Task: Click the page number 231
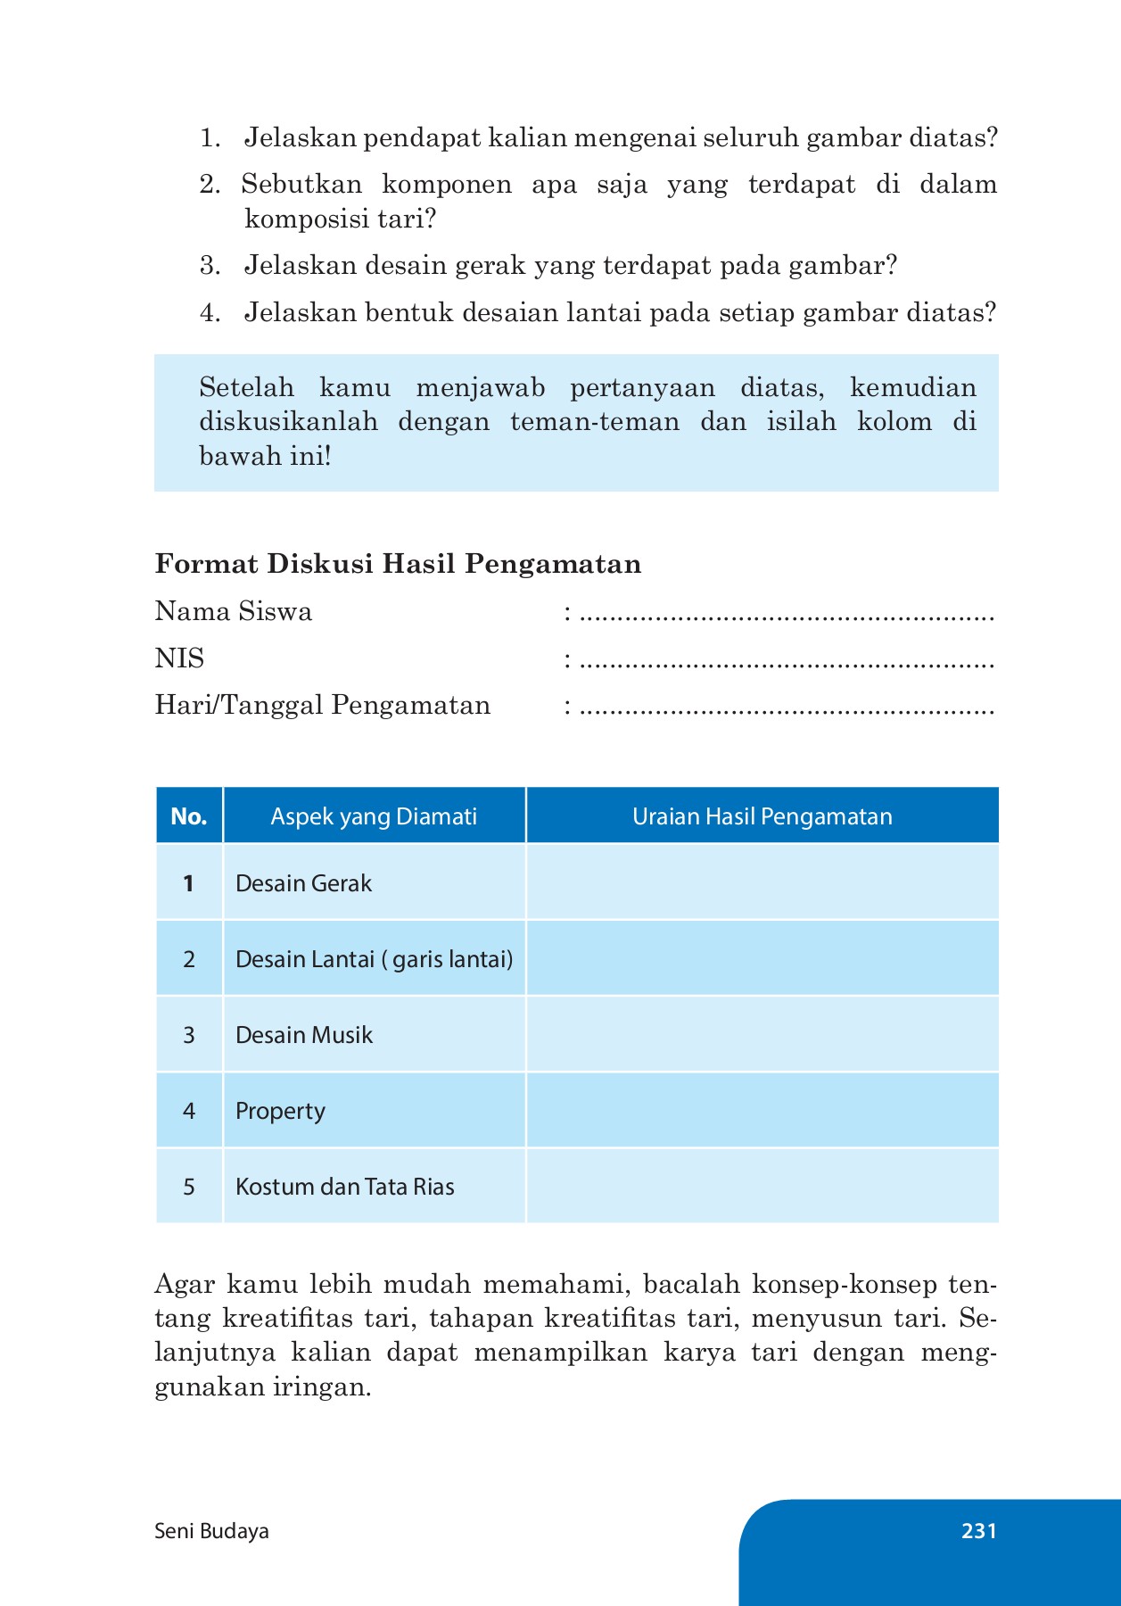pos(978,1531)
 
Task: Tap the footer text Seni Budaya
pos(211,1531)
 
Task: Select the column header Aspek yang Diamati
pos(374,816)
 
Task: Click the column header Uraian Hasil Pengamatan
pos(762,816)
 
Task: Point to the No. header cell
pos(189,816)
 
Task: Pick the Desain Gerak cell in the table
pos(303,883)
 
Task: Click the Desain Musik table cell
pos(303,1035)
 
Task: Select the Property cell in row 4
pos(280,1111)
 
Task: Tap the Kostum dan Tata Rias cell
pos(344,1187)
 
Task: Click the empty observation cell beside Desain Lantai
pos(762,959)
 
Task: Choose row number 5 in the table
pos(189,1187)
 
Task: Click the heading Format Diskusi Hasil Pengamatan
pos(398,564)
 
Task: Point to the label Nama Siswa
pos(234,611)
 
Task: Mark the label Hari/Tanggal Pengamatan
pos(323,705)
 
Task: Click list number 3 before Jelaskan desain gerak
pos(210,266)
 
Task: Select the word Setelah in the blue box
pos(246,387)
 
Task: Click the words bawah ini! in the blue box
pos(265,457)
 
